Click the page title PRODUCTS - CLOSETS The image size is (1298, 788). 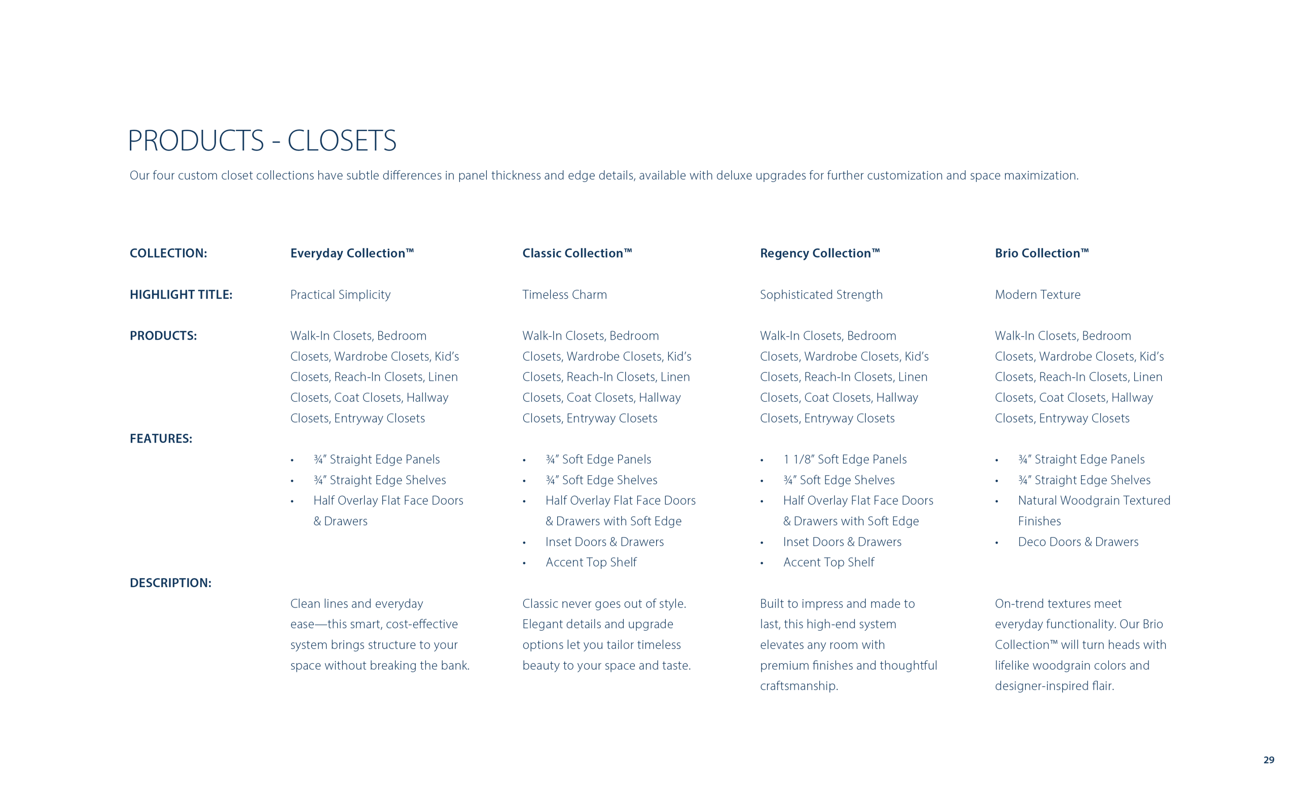coord(262,140)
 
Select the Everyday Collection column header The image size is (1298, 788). coord(352,254)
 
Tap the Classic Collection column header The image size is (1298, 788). coord(577,254)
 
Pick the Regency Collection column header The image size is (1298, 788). coord(820,254)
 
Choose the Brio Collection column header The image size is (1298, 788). coord(1041,254)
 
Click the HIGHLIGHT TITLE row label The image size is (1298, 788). coord(181,295)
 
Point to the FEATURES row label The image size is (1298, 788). coord(161,439)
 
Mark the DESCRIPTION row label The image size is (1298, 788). coord(170,583)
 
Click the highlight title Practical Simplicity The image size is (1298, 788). coord(340,295)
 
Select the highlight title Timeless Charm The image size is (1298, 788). coord(564,295)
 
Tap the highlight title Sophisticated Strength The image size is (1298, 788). coord(821,295)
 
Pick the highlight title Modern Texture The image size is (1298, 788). coord(1037,295)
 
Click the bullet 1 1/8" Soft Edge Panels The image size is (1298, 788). coord(844,459)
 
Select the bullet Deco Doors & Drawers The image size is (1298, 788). coord(1078,542)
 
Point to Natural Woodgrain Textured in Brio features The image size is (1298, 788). coord(1094,500)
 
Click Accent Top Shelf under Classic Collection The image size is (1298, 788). coord(591,562)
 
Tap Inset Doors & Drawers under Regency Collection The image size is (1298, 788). coord(842,542)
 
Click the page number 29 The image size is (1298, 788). coord(1269,760)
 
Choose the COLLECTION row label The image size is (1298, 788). coord(168,254)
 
